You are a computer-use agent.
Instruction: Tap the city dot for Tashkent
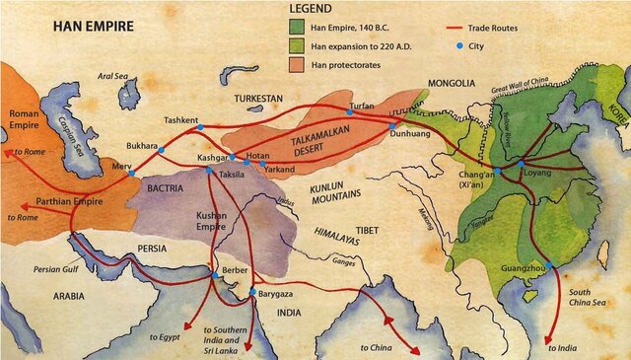(x=200, y=127)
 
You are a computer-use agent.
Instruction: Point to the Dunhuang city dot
(x=392, y=127)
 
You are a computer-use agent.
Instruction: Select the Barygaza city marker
(x=253, y=292)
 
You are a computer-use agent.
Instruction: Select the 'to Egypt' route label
(x=169, y=336)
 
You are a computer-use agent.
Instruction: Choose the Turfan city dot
(x=349, y=110)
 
